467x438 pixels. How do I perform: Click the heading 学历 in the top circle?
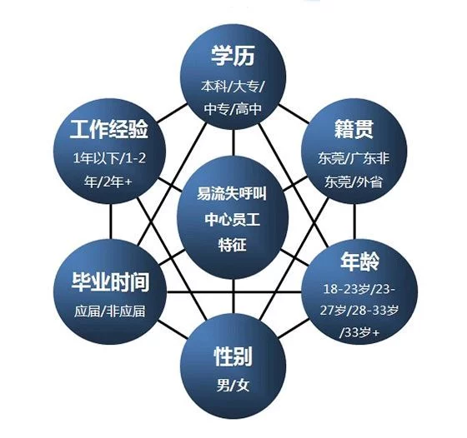[x=233, y=56]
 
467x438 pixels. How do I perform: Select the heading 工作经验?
[x=109, y=129]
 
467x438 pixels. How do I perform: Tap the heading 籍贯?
[x=354, y=129]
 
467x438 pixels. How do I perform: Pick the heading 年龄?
[x=360, y=261]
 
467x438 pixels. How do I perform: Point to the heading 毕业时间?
[x=110, y=281]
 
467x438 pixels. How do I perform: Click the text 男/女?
[x=233, y=386]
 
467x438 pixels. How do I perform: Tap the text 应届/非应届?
[x=109, y=311]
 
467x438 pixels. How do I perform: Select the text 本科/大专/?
[x=233, y=87]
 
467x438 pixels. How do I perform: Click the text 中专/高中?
[x=233, y=109]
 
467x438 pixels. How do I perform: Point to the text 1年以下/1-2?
[x=109, y=158]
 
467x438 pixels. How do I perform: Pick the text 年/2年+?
[x=108, y=181]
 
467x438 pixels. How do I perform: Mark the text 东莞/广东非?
[x=354, y=158]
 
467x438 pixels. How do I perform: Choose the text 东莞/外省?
[x=354, y=181]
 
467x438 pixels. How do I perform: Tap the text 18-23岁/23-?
[x=359, y=289]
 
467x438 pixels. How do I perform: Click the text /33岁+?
[x=359, y=332]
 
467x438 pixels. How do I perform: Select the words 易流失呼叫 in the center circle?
[x=232, y=193]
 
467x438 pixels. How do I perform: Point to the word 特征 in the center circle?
[x=233, y=245]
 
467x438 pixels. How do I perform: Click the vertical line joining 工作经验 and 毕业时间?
[x=111, y=221]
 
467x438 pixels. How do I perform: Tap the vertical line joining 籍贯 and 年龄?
[x=354, y=221]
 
